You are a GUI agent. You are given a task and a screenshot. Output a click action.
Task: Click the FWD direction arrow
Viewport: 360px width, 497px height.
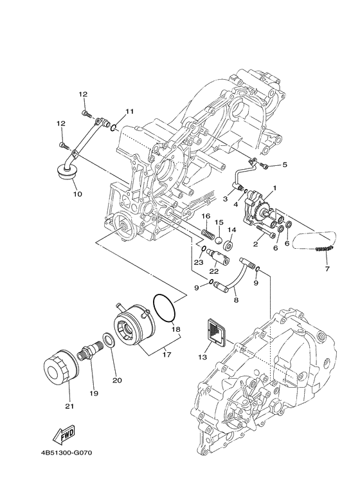(x=64, y=438)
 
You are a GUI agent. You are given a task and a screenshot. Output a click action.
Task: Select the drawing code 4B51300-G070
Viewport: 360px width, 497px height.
(x=67, y=453)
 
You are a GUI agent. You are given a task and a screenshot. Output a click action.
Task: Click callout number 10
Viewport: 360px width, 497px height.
(x=76, y=193)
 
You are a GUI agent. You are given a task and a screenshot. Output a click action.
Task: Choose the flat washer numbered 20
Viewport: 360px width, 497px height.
(x=110, y=341)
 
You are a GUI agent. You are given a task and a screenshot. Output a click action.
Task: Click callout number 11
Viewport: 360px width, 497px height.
(x=129, y=112)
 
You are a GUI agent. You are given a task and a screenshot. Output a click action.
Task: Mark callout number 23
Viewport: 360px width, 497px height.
(x=199, y=262)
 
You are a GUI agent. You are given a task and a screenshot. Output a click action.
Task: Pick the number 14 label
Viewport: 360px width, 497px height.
(x=232, y=230)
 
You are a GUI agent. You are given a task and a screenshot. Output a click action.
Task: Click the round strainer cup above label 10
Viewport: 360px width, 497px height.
(x=64, y=172)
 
